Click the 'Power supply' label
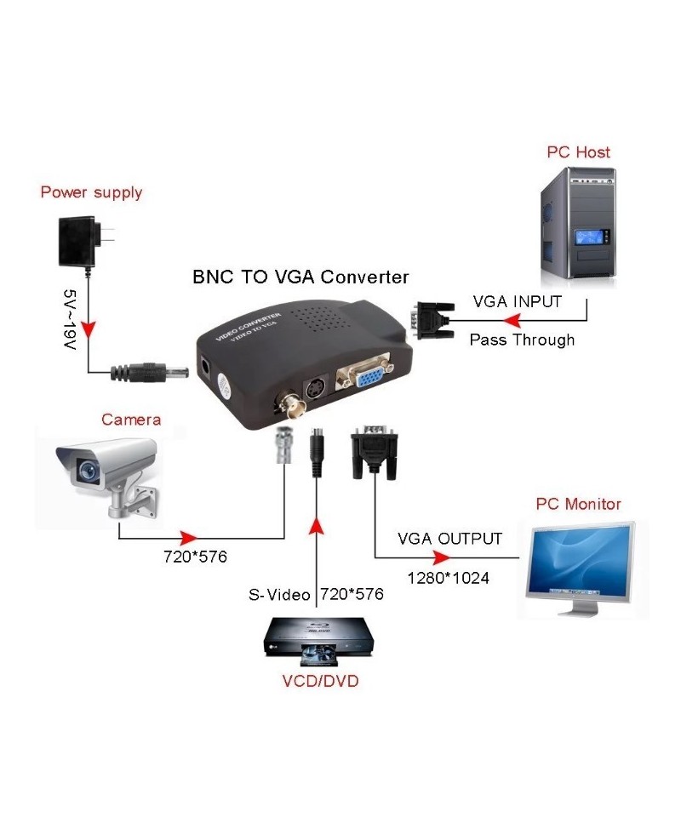click(x=91, y=192)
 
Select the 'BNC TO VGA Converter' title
click(x=300, y=277)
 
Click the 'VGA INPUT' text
click(x=517, y=301)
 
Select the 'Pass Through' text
click(x=522, y=340)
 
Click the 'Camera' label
click(x=131, y=420)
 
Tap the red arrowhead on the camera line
click(x=188, y=538)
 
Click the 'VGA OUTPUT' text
click(x=449, y=539)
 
